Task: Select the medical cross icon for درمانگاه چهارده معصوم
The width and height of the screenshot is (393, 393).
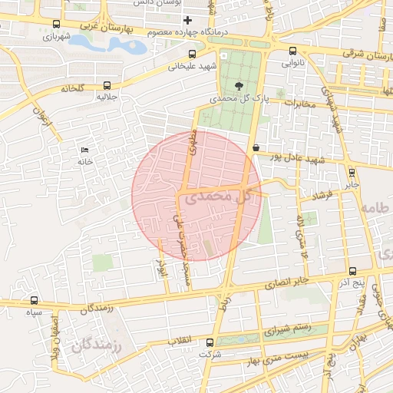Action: click(x=188, y=18)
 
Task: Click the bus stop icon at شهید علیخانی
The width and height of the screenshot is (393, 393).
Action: click(x=192, y=54)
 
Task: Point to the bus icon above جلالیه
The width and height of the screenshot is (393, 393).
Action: click(x=107, y=86)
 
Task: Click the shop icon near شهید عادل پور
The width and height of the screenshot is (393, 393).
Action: click(x=255, y=147)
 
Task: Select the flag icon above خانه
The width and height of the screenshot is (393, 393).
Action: click(x=84, y=150)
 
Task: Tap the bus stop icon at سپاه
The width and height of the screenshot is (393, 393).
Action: click(x=34, y=300)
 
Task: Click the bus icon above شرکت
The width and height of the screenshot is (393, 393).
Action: click(x=205, y=342)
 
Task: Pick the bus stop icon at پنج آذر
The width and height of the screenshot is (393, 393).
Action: click(x=352, y=271)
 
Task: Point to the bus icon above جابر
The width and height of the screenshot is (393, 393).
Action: click(x=352, y=173)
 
